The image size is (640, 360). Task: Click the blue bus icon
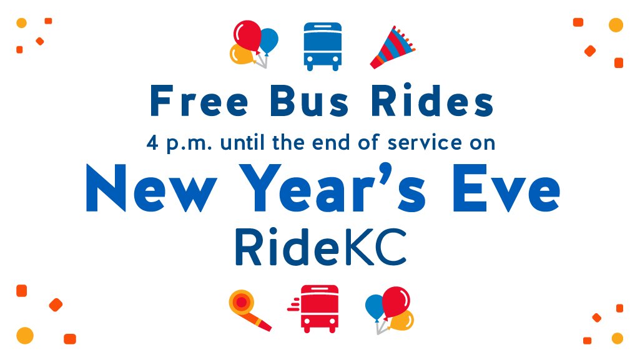(x=322, y=46)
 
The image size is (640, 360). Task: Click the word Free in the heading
(x=190, y=102)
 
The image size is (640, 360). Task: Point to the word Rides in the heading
(x=431, y=102)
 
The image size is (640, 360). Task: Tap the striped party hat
(x=392, y=47)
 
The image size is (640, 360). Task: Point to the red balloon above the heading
(x=247, y=35)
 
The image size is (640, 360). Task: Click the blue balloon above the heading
(x=268, y=40)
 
